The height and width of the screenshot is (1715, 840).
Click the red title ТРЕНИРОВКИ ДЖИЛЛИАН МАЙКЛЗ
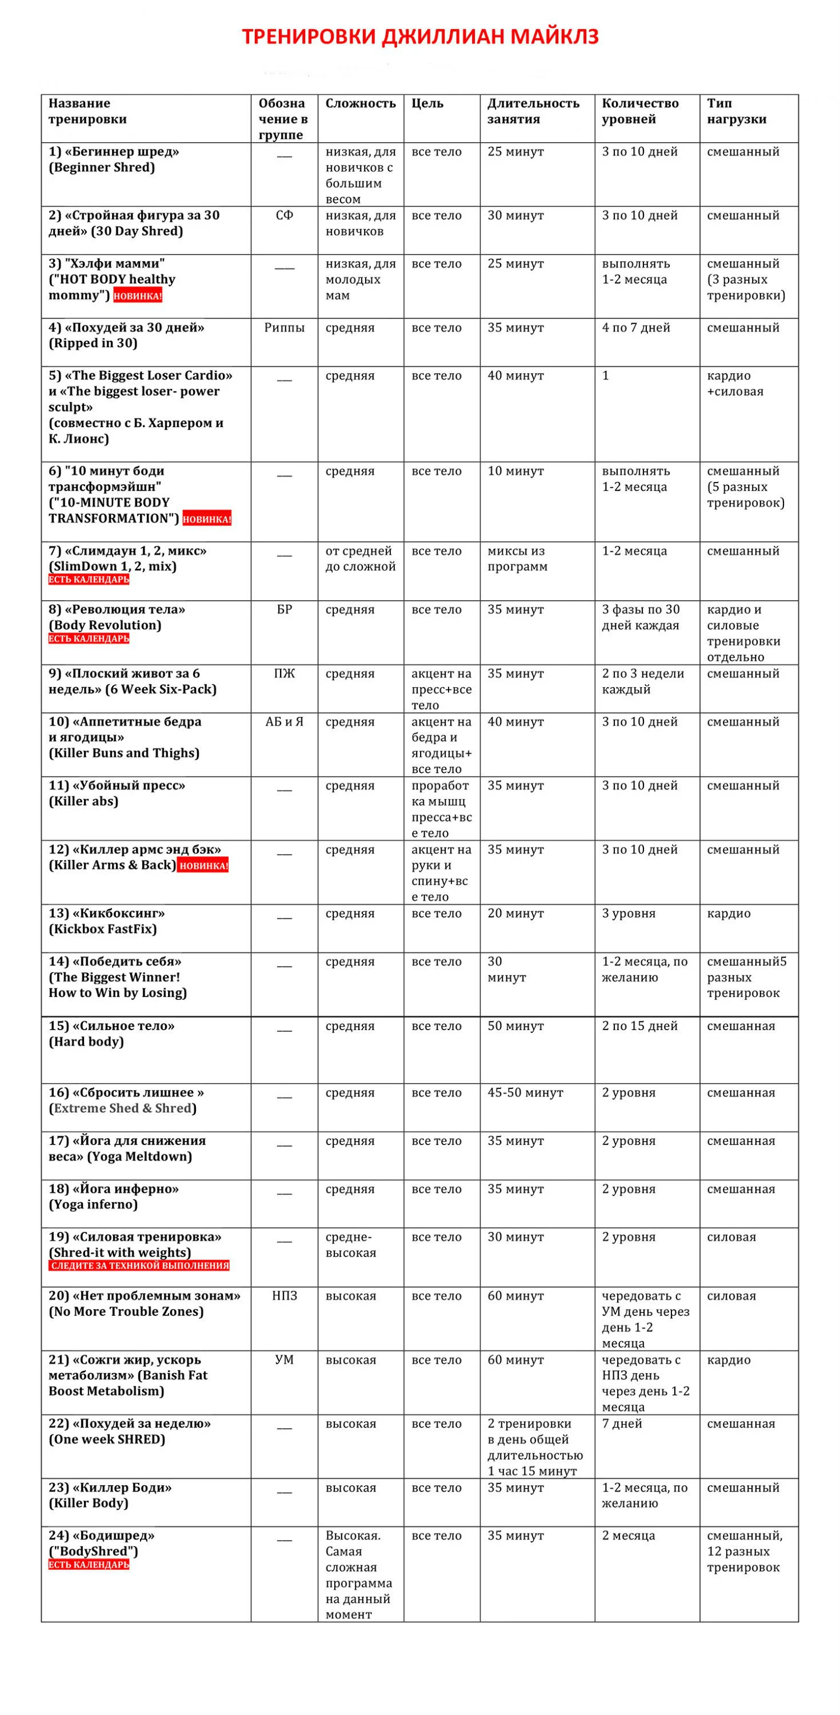click(x=420, y=36)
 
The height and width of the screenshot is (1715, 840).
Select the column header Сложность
click(x=360, y=103)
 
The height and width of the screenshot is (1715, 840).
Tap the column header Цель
click(x=427, y=103)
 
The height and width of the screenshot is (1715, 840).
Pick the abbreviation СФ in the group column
click(x=284, y=215)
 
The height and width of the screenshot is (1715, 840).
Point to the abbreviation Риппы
click(x=284, y=328)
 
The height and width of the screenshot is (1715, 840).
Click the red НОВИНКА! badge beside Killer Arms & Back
click(x=203, y=866)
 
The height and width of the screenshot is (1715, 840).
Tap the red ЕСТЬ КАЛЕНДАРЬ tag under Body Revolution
click(x=89, y=639)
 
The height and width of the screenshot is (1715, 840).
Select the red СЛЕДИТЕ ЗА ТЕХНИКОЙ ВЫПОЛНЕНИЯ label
click(x=139, y=1266)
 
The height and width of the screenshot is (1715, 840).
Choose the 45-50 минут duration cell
click(x=525, y=1092)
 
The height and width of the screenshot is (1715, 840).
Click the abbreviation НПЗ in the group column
click(x=284, y=1295)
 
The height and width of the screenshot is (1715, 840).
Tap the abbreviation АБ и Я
click(x=284, y=721)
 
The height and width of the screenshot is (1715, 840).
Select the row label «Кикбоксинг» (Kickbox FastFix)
click(x=106, y=922)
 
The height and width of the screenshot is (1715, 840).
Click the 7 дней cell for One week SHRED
click(x=622, y=1423)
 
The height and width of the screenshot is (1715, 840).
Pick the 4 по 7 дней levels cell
click(x=635, y=328)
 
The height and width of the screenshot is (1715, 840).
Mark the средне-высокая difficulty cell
click(x=351, y=1245)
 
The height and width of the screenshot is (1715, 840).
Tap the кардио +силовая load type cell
click(x=735, y=384)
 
